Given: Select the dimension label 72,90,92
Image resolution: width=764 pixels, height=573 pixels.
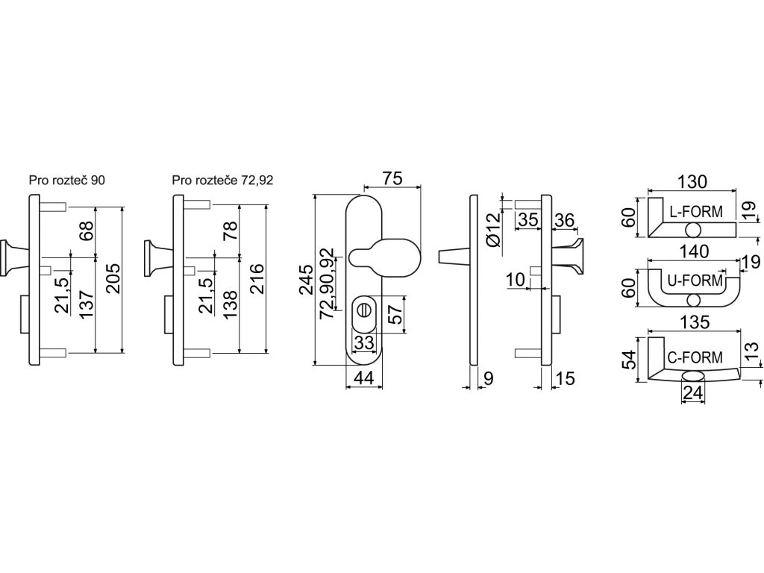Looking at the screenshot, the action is (327, 284).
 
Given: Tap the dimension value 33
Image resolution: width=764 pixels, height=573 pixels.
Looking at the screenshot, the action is (363, 342).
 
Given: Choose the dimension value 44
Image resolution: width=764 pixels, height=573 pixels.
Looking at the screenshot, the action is (363, 378).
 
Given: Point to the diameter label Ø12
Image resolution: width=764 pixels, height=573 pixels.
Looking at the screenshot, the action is (492, 230).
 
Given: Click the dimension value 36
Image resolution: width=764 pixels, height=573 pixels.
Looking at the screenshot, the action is (565, 220).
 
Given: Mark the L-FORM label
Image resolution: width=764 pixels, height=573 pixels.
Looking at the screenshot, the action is (695, 212).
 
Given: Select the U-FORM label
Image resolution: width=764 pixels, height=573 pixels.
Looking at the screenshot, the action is (695, 281).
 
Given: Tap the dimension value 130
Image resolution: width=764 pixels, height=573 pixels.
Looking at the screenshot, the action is (692, 181).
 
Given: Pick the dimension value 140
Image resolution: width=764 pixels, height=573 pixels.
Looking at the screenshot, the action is (694, 252).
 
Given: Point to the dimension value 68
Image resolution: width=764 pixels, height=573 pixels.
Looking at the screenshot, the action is (85, 230).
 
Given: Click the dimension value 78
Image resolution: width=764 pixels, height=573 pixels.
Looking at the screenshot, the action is (230, 230).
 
